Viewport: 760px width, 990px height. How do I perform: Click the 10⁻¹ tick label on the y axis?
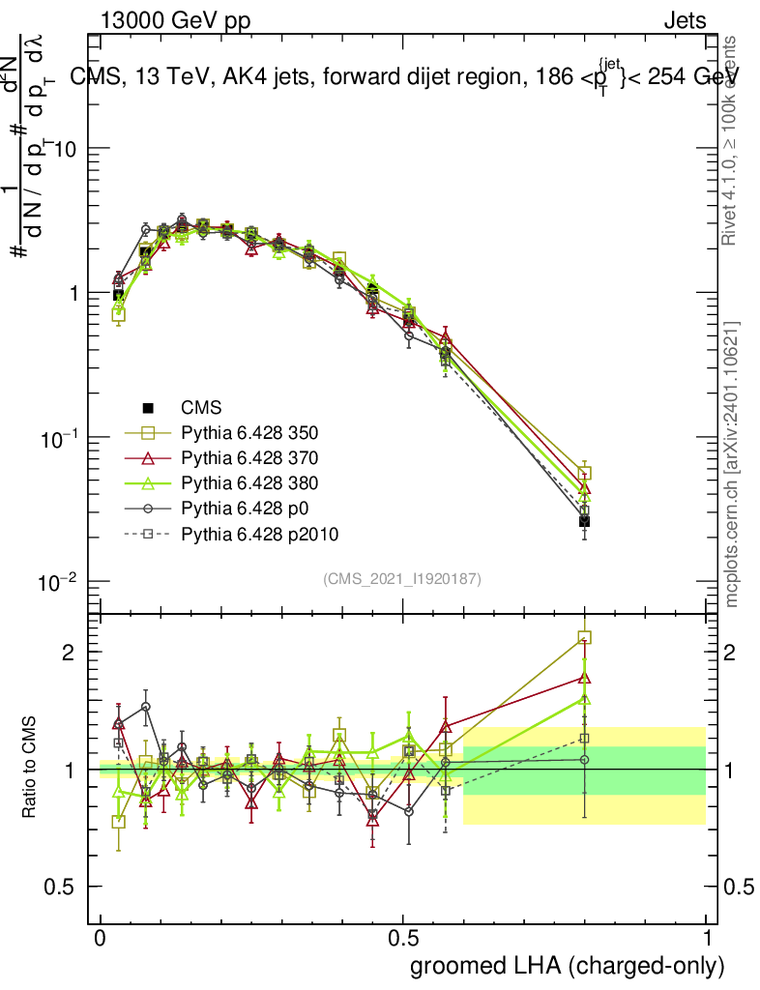(x=58, y=438)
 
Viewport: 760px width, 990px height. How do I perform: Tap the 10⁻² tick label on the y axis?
(x=58, y=582)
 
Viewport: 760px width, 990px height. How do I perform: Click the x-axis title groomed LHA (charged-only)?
(x=568, y=966)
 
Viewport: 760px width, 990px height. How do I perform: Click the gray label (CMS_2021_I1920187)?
(x=402, y=578)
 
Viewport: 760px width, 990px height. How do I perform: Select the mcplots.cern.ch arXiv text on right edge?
(x=732, y=464)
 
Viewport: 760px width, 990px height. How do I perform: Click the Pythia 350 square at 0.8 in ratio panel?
(x=584, y=637)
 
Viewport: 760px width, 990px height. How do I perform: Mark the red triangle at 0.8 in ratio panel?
(x=584, y=677)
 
